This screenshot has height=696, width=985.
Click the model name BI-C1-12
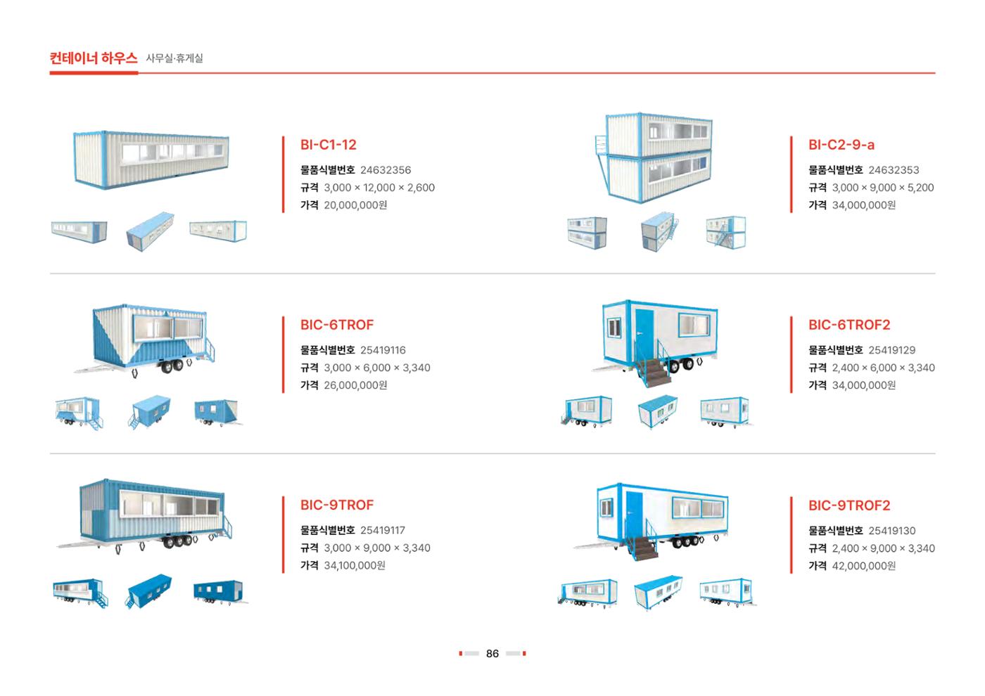pyautogui.click(x=328, y=145)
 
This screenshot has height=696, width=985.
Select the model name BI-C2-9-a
pyautogui.click(x=841, y=145)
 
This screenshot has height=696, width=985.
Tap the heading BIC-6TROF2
pyautogui.click(x=849, y=325)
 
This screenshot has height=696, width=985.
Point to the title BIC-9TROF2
pyautogui.click(x=849, y=505)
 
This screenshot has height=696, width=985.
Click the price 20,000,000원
pyautogui.click(x=355, y=205)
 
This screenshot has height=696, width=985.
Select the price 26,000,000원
pyautogui.click(x=355, y=385)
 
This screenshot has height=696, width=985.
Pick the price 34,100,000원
pyautogui.click(x=355, y=565)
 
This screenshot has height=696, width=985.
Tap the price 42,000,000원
pyautogui.click(x=864, y=566)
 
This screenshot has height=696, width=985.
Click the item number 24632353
pyautogui.click(x=894, y=170)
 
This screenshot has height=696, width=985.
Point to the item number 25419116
pyautogui.click(x=383, y=350)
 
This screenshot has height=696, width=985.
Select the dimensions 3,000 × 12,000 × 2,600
pyautogui.click(x=379, y=188)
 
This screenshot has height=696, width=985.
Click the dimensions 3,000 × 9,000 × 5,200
pyautogui.click(x=883, y=188)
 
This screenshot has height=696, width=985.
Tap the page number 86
pyautogui.click(x=492, y=654)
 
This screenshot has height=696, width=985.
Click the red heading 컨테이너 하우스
pyautogui.click(x=93, y=58)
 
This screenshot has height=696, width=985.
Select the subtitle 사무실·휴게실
pyautogui.click(x=174, y=58)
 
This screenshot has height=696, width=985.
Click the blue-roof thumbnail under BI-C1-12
pyautogui.click(x=150, y=231)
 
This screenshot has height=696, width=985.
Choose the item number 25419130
pyautogui.click(x=892, y=531)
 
